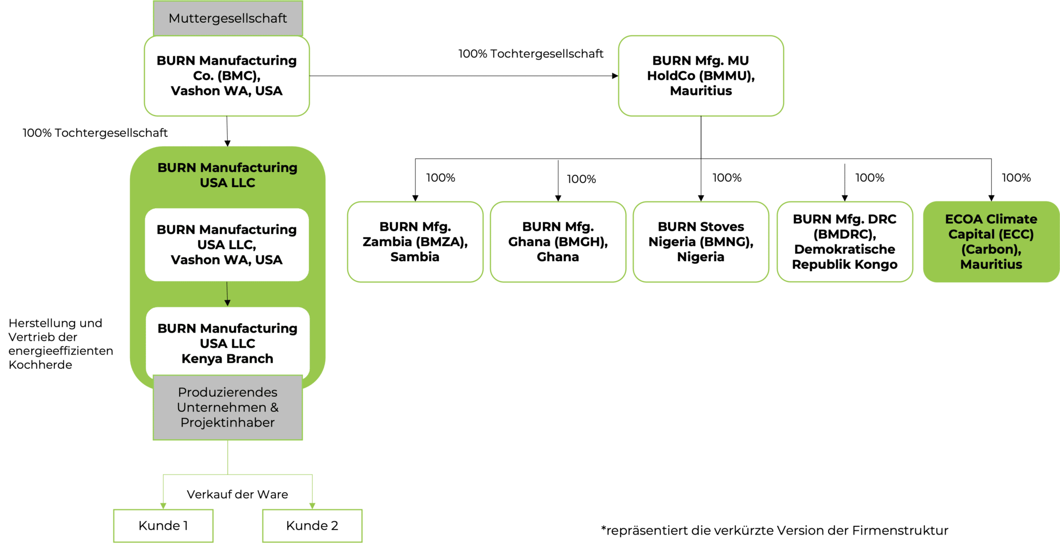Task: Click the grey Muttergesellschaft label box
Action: (x=228, y=18)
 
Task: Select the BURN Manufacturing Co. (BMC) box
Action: (x=227, y=76)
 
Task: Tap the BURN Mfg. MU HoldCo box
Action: (x=701, y=76)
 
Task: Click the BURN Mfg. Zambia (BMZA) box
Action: (x=415, y=241)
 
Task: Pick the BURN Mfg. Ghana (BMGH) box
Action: (x=558, y=241)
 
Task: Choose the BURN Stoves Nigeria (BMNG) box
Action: (x=701, y=241)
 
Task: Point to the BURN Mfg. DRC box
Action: (x=845, y=241)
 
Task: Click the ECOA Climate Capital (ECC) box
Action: (x=991, y=241)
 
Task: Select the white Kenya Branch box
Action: (x=228, y=343)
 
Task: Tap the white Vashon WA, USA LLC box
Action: (x=227, y=245)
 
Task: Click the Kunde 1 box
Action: (x=163, y=526)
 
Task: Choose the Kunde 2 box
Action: (x=312, y=526)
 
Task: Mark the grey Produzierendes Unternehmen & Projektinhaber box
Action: (x=228, y=407)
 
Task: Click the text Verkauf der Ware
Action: (x=237, y=494)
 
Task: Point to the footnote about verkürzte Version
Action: (x=774, y=530)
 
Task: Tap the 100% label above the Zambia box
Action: (x=440, y=178)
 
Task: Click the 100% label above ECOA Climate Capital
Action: (x=1016, y=178)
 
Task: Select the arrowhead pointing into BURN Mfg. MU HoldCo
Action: (x=615, y=76)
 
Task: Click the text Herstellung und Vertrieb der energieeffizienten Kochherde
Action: (x=60, y=344)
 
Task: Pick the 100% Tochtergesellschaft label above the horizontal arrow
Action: (x=531, y=54)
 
